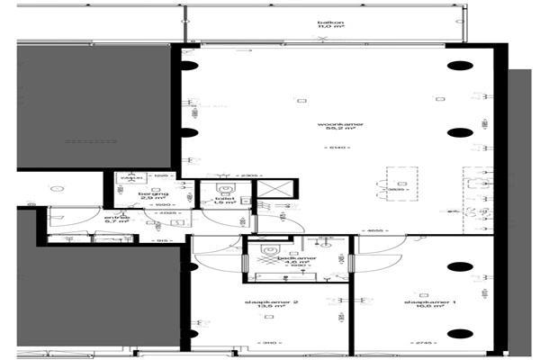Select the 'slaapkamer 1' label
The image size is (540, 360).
click(423, 301)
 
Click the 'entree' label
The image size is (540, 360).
click(117, 217)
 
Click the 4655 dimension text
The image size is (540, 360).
click(378, 230)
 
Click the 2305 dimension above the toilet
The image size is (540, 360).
click(223, 175)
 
